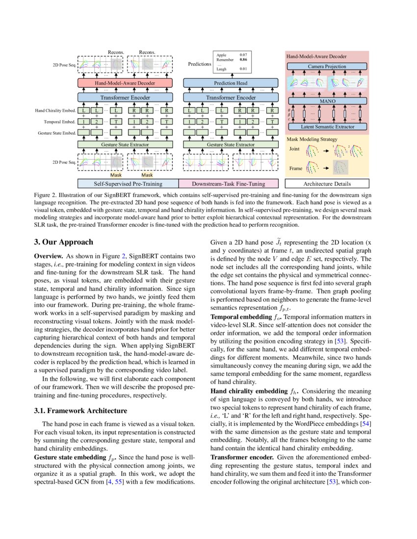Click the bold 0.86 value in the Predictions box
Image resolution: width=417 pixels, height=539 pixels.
click(243, 59)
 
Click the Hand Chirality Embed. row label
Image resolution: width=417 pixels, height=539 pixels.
click(59, 111)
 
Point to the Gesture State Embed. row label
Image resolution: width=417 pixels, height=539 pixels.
click(58, 133)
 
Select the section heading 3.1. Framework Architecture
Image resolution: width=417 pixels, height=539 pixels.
click(80, 410)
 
